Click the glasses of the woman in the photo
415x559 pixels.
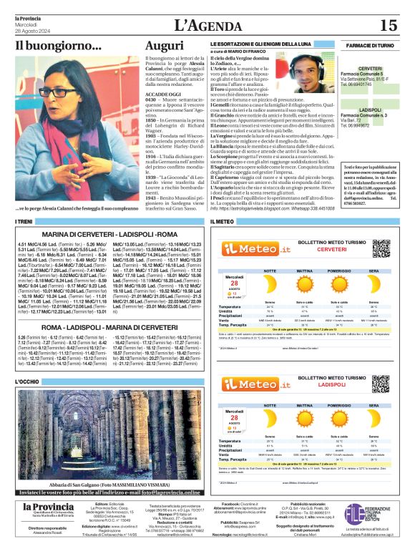[x=50, y=92]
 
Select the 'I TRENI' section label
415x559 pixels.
[x=24, y=222]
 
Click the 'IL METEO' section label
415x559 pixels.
[x=223, y=222]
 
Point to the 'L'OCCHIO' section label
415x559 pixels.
[x=29, y=381]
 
